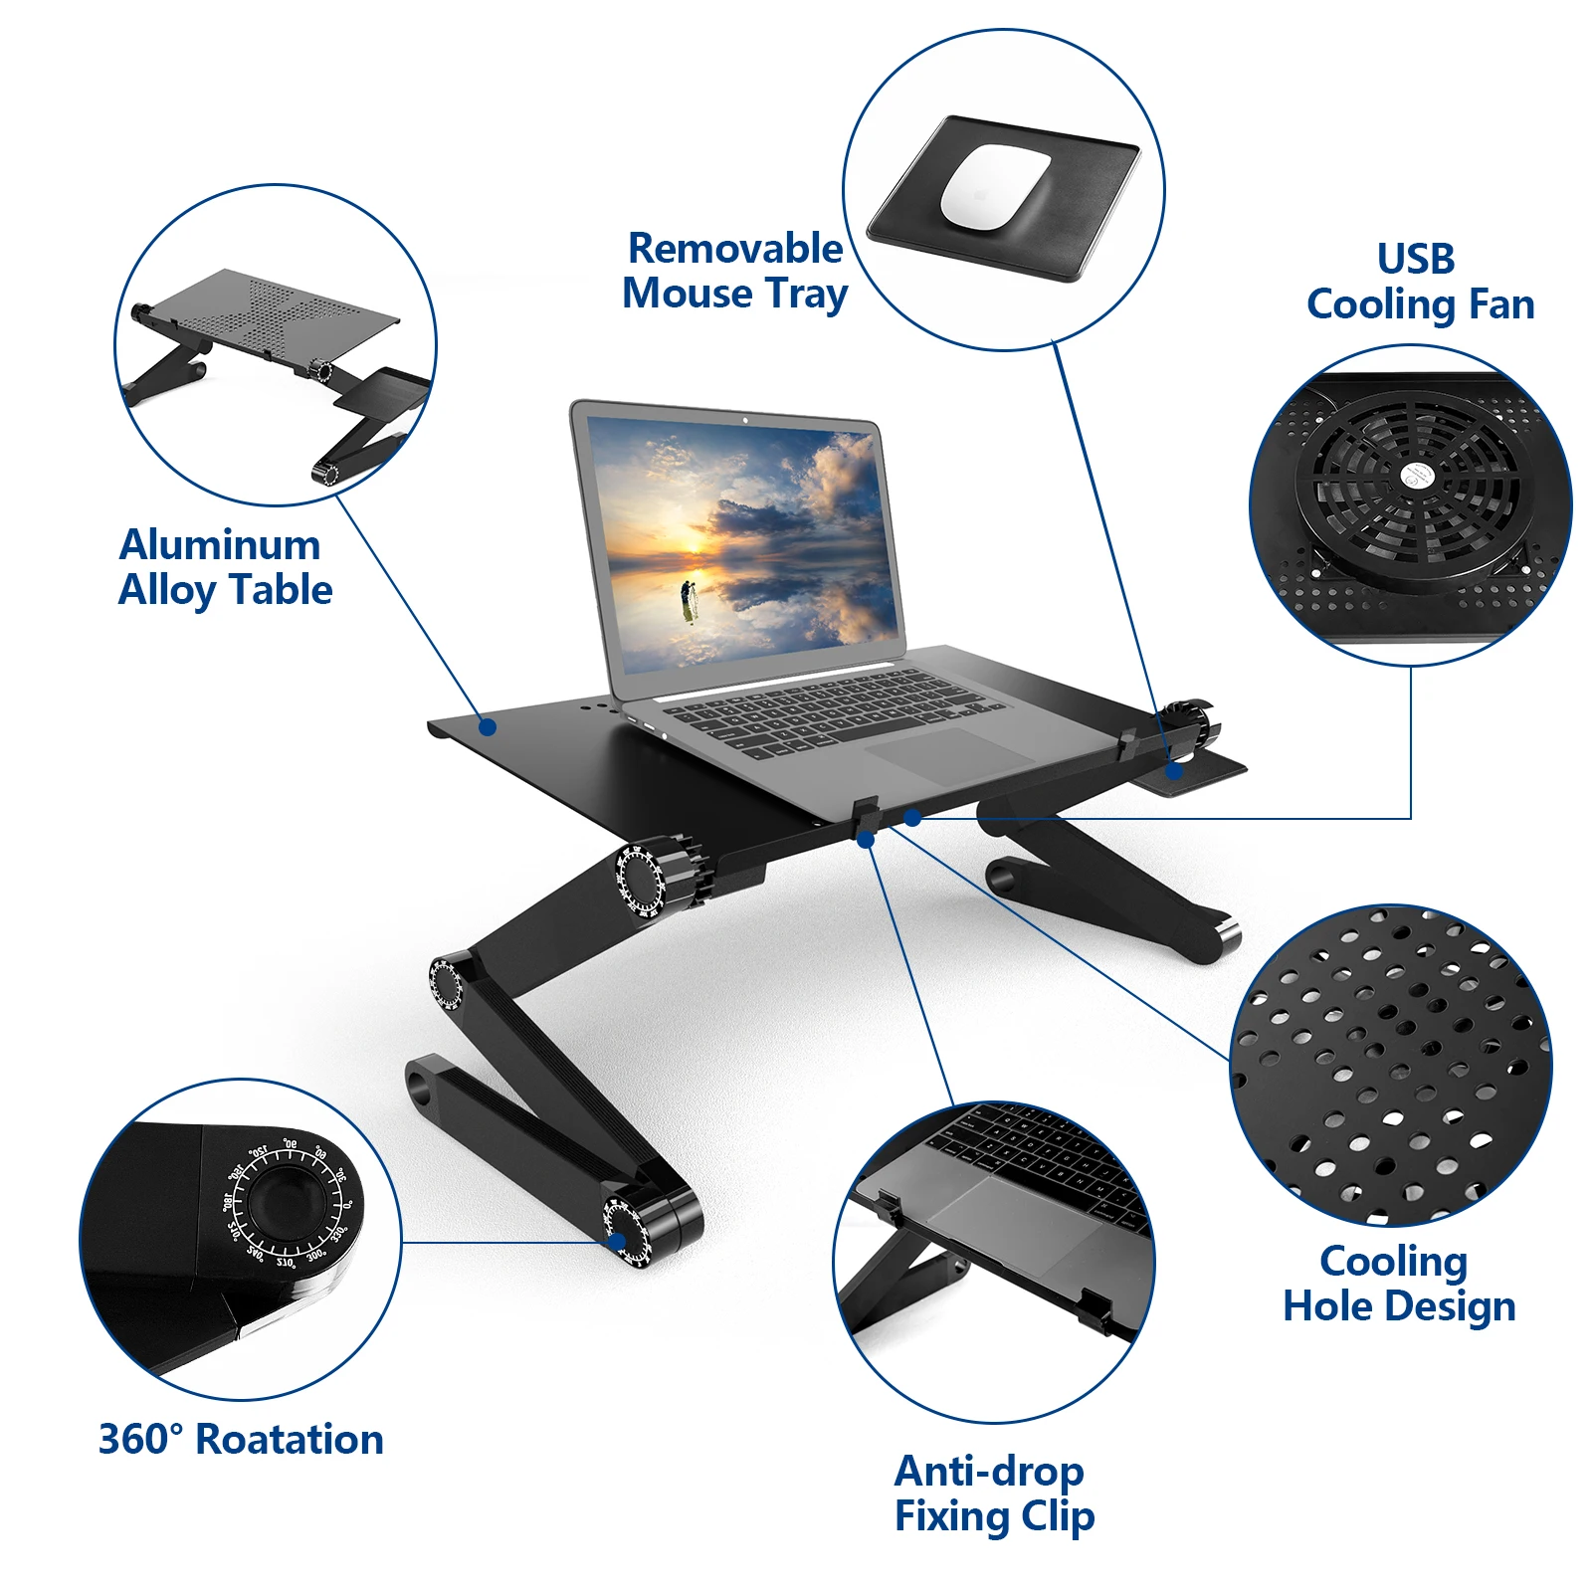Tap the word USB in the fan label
pos(1416,259)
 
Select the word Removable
pos(735,248)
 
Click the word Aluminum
pos(220,544)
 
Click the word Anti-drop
pos(989,1471)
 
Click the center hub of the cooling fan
pos(1414,476)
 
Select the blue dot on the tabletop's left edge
pos(488,726)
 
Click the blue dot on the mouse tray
pos(1175,770)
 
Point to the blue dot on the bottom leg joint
pos(617,1242)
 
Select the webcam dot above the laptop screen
pos(745,420)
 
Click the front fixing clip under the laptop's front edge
pos(864,816)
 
